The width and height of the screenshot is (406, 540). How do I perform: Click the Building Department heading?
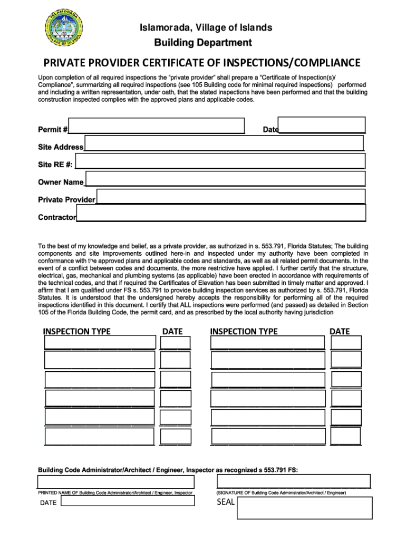click(203, 43)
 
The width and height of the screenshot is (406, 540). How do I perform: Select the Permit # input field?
click(157, 126)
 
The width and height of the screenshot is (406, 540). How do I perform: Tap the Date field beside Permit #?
click(321, 124)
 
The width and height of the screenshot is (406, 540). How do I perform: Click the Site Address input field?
click(224, 143)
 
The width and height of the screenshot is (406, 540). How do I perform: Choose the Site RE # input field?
click(220, 161)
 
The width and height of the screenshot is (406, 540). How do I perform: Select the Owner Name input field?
click(225, 178)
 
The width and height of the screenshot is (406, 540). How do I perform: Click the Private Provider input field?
click(231, 196)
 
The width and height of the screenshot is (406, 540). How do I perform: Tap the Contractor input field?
click(221, 213)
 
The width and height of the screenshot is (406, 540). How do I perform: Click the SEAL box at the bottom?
click(304, 508)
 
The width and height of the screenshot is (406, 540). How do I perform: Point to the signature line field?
click(293, 481)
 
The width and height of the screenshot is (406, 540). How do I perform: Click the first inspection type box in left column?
click(100, 342)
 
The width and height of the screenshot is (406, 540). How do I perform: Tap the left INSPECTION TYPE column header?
click(77, 331)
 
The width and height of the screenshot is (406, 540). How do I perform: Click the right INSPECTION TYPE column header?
click(244, 331)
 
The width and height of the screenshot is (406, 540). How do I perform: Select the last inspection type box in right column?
click(267, 436)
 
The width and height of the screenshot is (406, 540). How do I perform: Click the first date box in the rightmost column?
click(346, 342)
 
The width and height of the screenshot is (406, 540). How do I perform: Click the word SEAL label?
click(225, 502)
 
